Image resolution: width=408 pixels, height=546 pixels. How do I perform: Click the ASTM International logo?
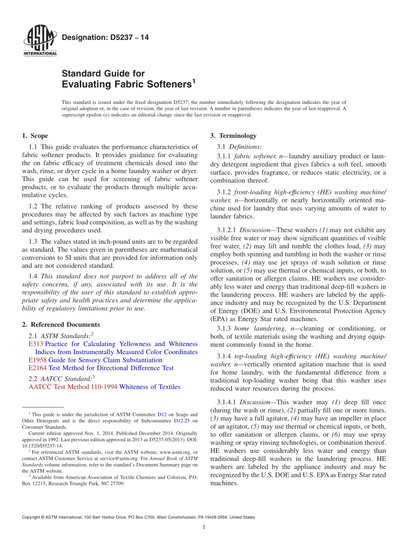coord(40,41)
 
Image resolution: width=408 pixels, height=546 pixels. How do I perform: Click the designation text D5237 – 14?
coord(105,37)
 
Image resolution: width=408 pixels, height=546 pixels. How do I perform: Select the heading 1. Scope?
coord(35,136)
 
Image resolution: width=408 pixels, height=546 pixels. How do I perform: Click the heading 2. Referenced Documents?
coord(61,325)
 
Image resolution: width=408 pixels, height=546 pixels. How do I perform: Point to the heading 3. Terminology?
coord(233,136)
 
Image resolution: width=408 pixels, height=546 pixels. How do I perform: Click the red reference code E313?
coord(36,344)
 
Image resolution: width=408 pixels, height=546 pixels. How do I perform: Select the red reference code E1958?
coord(37,360)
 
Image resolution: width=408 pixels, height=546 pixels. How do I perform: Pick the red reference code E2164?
coord(37,368)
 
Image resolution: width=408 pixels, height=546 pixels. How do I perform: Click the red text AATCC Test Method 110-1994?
coord(73,387)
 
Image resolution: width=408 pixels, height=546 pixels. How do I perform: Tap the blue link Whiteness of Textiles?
coord(150,387)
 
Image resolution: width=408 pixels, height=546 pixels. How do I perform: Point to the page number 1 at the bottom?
coord(204,527)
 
